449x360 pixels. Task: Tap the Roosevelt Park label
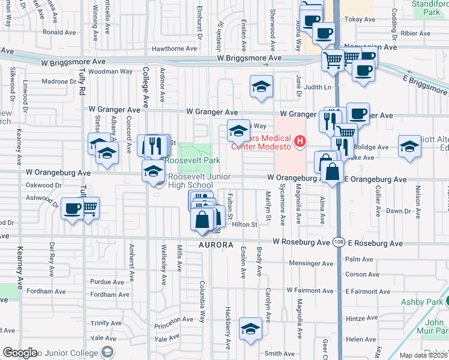[193, 160]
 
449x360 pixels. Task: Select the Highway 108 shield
[337, 242]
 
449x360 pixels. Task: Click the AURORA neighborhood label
[215, 245]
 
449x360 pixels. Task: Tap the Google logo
[20, 353]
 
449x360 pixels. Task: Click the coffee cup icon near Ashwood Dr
[72, 209]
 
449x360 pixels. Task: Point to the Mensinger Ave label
[310, 263]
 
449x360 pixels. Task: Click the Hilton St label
[244, 224]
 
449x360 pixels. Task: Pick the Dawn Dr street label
[398, 211]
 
